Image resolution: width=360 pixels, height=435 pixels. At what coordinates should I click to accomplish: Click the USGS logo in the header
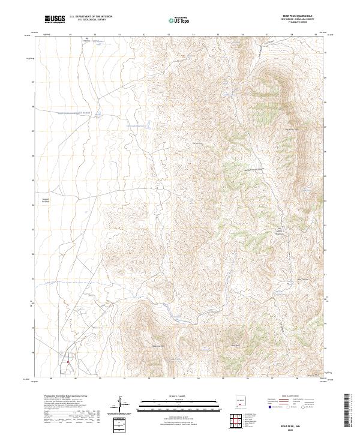tap(55, 20)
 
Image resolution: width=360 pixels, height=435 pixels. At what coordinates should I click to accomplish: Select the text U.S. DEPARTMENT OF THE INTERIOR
tap(91, 17)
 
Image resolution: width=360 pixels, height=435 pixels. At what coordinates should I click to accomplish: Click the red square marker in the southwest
tap(68, 361)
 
